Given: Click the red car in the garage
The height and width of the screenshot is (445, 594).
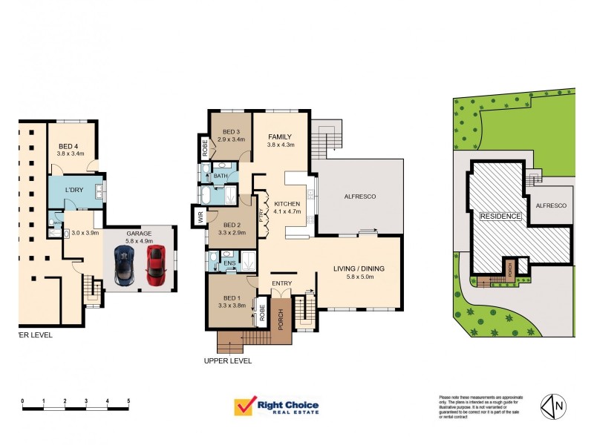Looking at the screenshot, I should (x=154, y=266).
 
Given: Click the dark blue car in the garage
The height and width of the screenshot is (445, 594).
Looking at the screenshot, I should (x=123, y=266).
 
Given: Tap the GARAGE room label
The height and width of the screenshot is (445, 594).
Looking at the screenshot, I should (x=139, y=232).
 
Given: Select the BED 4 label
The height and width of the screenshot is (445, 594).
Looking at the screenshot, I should (x=71, y=146).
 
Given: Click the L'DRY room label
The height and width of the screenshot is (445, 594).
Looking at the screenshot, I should (x=74, y=191).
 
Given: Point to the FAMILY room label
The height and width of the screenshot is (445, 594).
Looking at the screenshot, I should (x=280, y=136).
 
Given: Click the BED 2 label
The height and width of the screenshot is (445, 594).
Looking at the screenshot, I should (x=232, y=225).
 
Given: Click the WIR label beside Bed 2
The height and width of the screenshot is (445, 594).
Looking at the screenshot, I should (x=200, y=217).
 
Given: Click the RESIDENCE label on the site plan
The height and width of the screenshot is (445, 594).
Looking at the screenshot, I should (x=500, y=216).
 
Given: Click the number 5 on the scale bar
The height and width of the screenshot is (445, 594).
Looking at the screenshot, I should (x=128, y=400).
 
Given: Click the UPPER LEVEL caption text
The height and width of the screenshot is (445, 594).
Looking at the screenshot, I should (x=227, y=361).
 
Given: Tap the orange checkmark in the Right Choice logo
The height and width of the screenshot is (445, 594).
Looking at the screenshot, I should (x=243, y=406).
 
